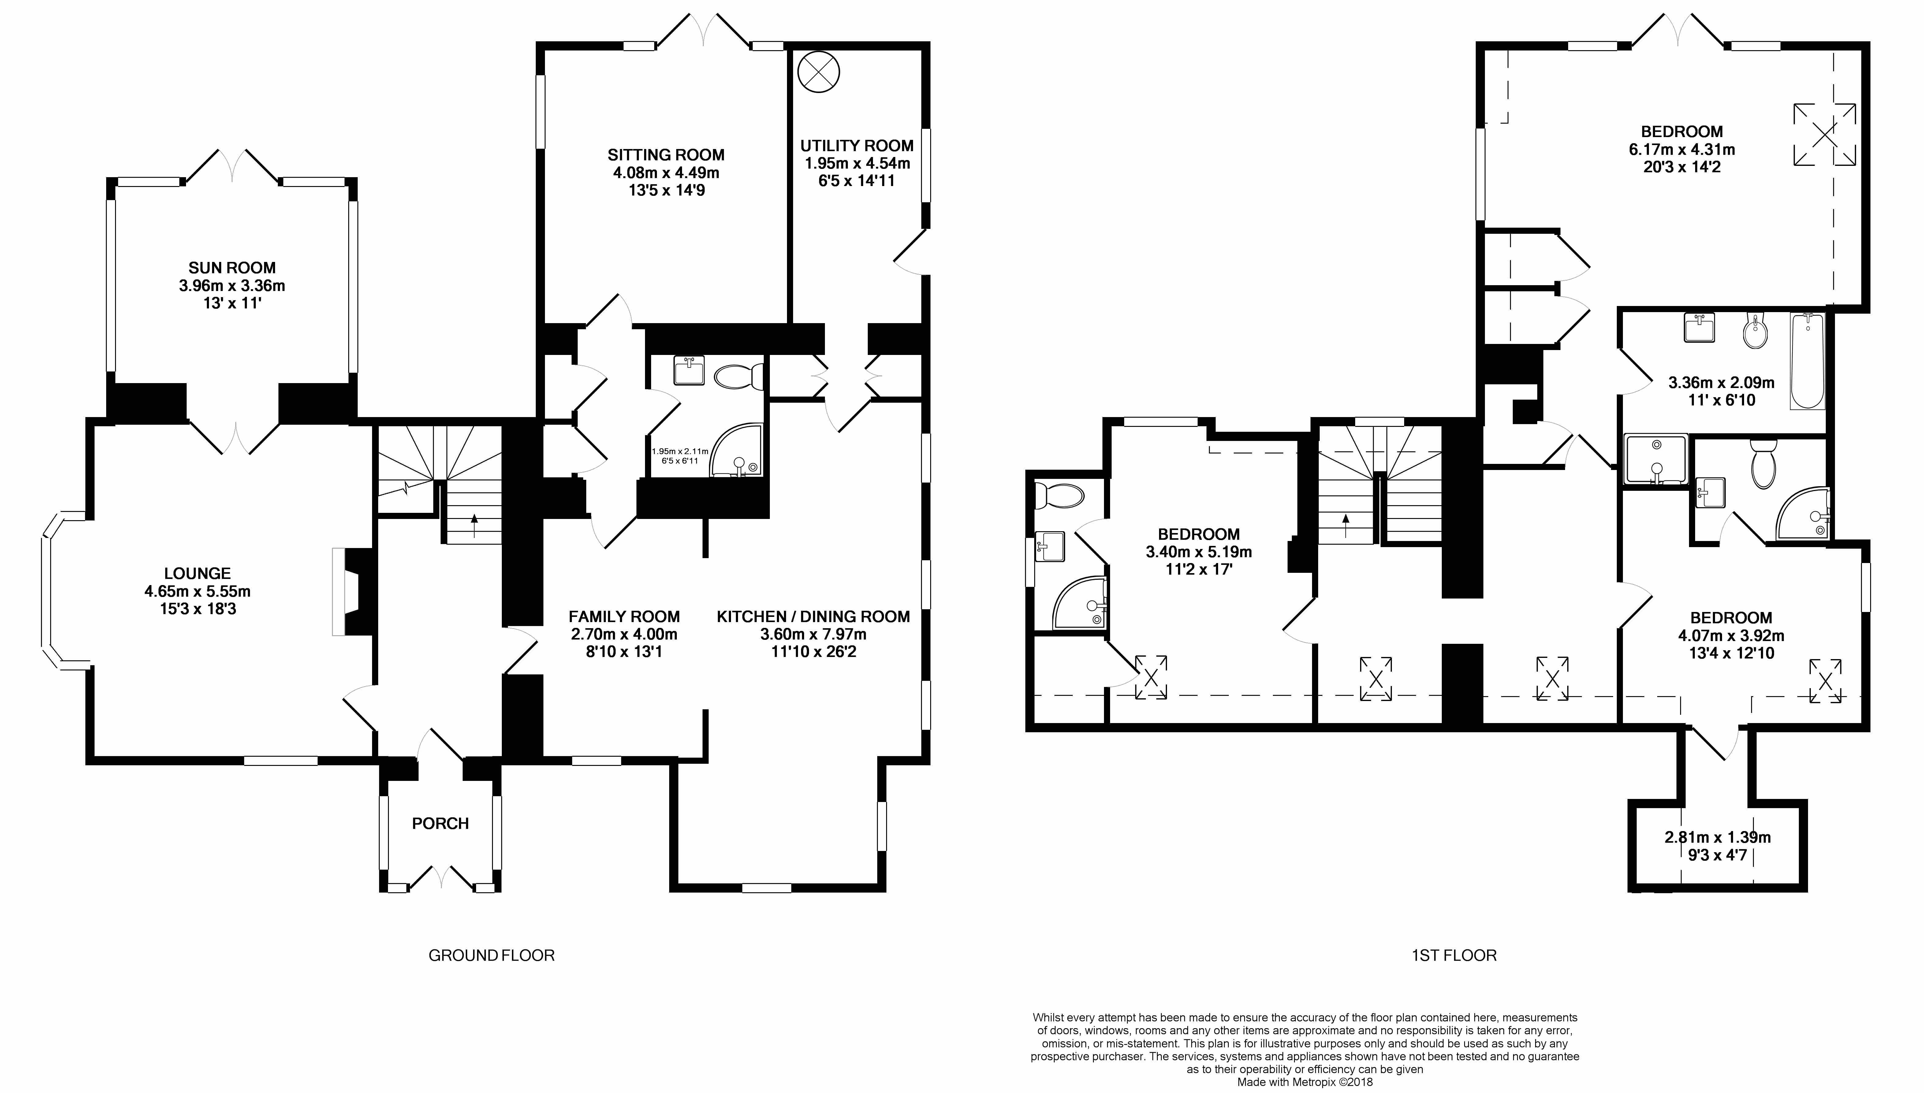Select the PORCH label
441,823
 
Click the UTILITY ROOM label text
856,146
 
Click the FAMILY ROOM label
624,616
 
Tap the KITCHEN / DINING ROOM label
813,616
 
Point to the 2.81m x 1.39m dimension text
1717,837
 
